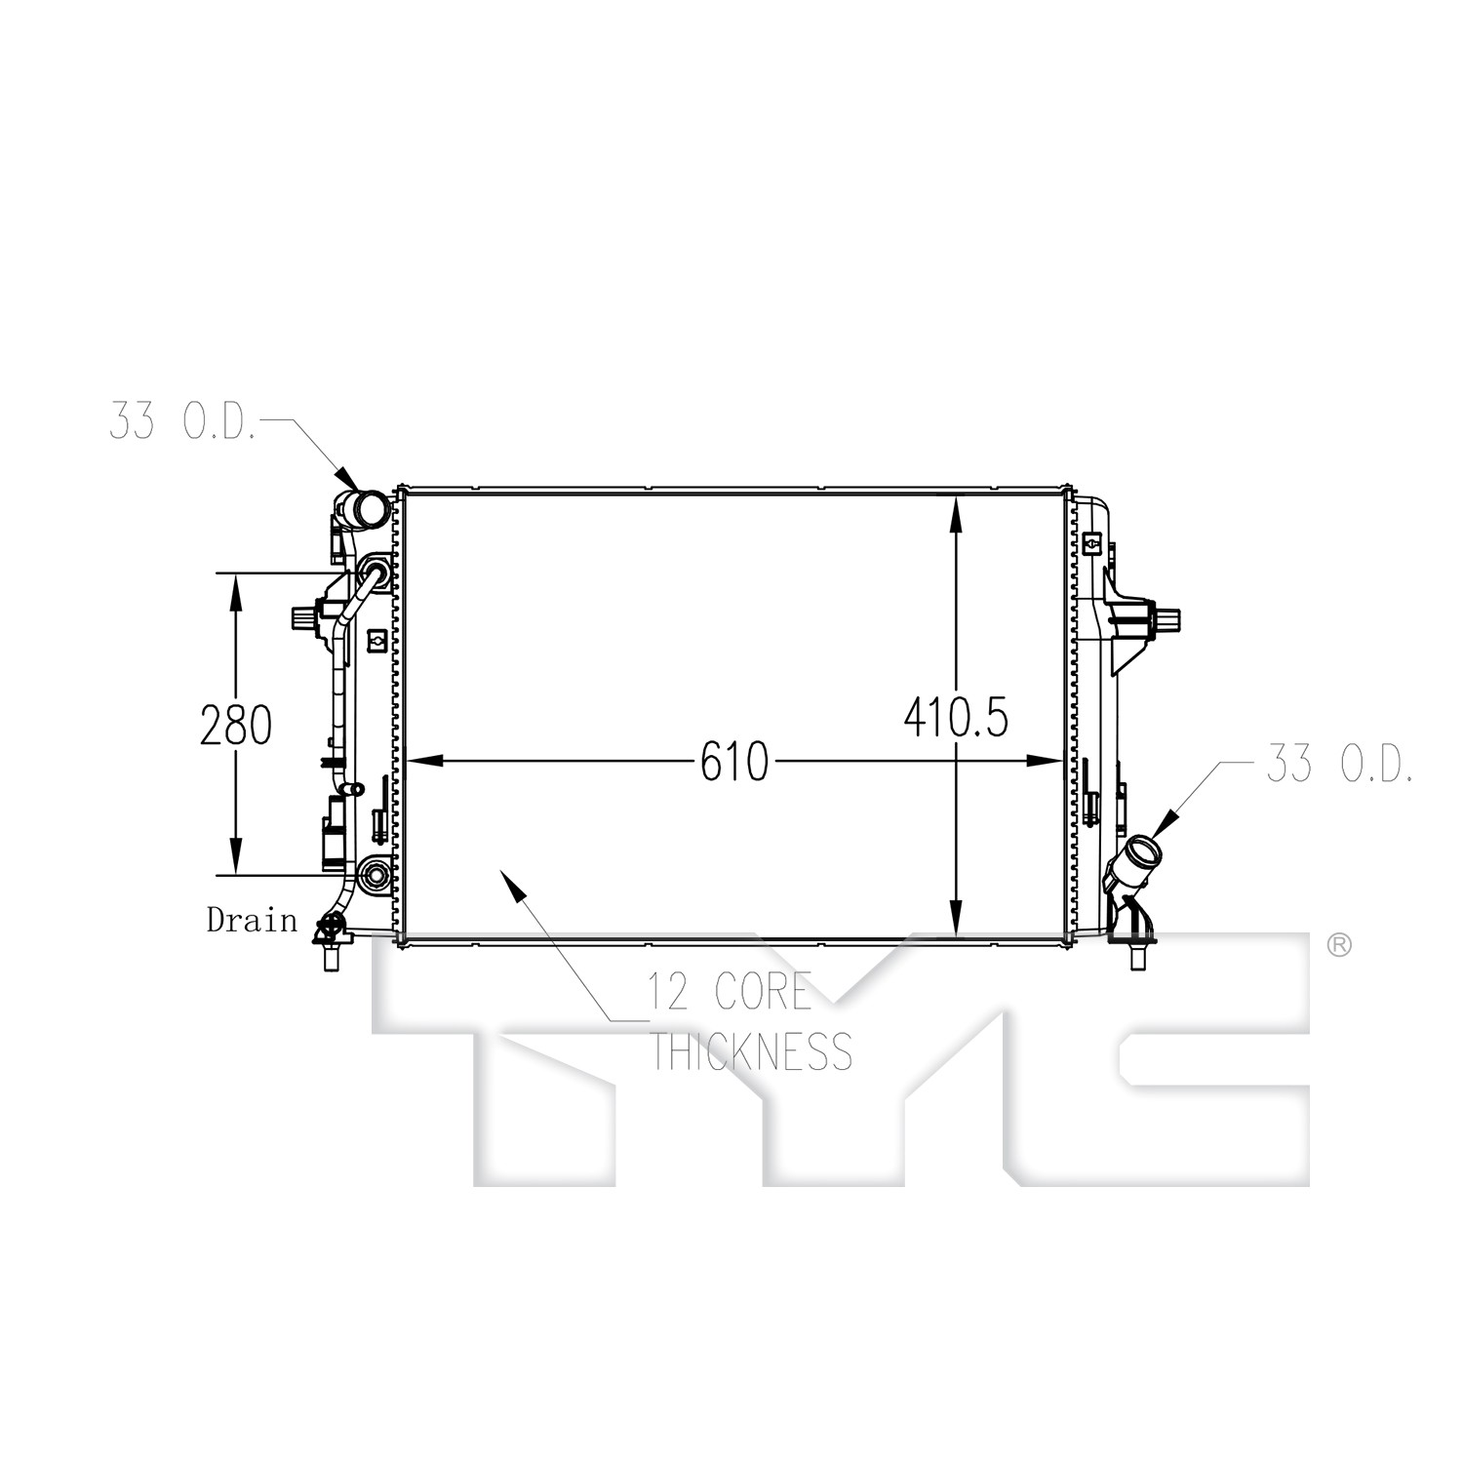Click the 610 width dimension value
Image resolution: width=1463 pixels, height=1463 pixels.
pos(734,761)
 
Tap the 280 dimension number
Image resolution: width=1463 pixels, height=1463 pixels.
pos(235,726)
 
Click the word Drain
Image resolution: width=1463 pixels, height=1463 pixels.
pos(252,919)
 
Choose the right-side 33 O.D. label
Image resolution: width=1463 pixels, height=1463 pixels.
pos(1339,764)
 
